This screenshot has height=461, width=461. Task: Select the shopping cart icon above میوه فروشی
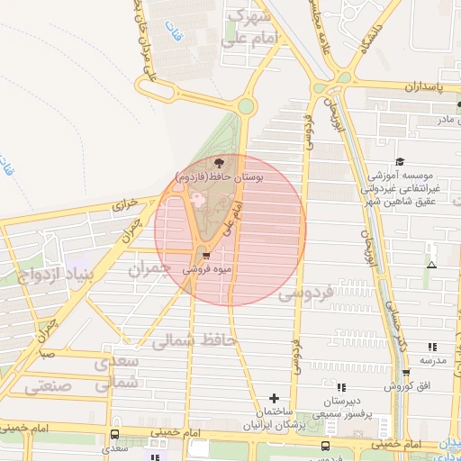coord(208,256)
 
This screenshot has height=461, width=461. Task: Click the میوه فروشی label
coord(208,269)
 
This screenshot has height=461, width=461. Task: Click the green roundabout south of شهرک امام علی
coord(246,107)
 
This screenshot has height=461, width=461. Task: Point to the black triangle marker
coord(432,265)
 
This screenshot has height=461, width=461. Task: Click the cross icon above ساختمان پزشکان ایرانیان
coord(275,397)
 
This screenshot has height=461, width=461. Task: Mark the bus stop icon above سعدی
coord(113,434)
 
